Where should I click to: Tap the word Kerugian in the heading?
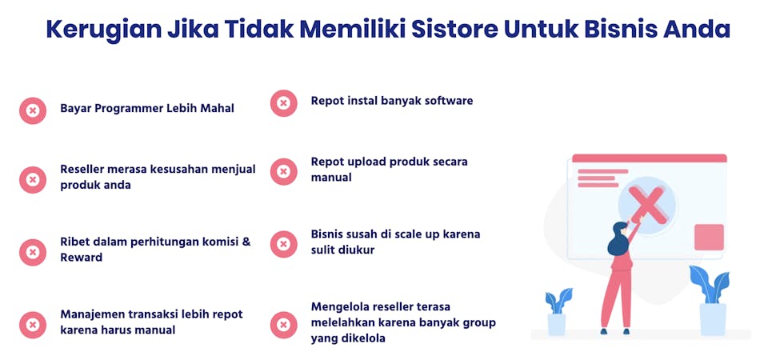pyautogui.click(x=104, y=30)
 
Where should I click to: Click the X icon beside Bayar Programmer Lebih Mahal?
pyautogui.click(x=33, y=110)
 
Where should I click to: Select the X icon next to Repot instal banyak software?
pyautogui.click(x=283, y=103)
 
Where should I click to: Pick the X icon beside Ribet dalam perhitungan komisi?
pyautogui.click(x=33, y=252)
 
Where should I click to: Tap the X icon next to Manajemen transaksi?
pyautogui.click(x=33, y=325)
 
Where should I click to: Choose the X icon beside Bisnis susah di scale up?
pyautogui.click(x=283, y=244)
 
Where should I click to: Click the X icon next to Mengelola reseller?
pyautogui.click(x=283, y=325)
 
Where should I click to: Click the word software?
pyautogui.click(x=449, y=101)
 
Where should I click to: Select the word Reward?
pyautogui.click(x=82, y=257)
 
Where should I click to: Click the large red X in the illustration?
pyautogui.click(x=647, y=206)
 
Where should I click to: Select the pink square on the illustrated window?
pyautogui.click(x=709, y=237)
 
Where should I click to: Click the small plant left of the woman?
pyautogui.click(x=558, y=311)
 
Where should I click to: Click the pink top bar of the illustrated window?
pyautogui.click(x=650, y=158)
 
